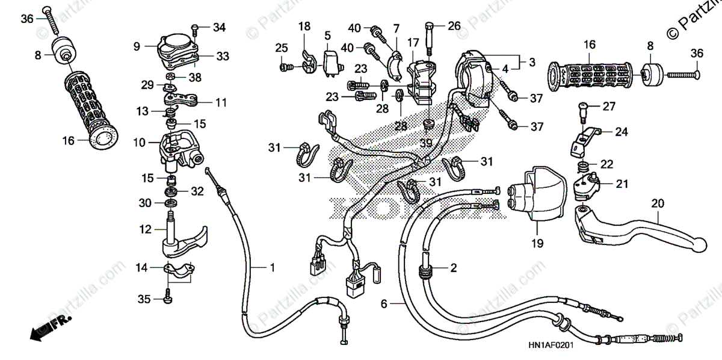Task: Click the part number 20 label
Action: click(657, 203)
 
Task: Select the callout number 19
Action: click(537, 244)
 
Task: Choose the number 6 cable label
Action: click(384, 305)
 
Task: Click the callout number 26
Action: click(453, 25)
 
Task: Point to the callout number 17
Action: click(412, 43)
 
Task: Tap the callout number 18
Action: click(304, 26)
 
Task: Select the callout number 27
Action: click(609, 107)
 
